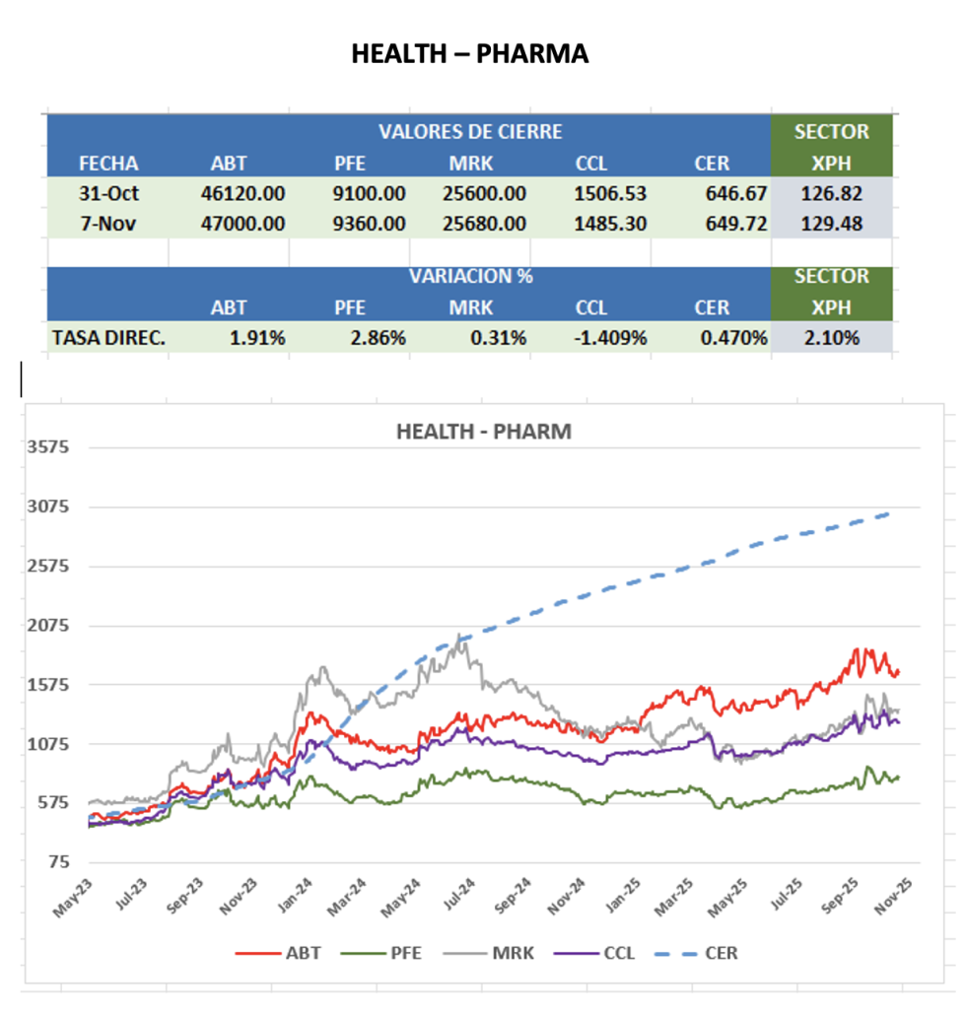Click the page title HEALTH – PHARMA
tap(470, 54)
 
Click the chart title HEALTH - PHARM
tap(483, 432)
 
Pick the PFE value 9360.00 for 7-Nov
tap(369, 224)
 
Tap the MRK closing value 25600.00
tap(488, 194)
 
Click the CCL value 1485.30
tap(610, 224)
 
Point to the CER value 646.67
tap(735, 194)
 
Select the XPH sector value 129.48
tap(832, 224)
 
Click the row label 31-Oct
tap(108, 194)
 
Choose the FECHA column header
tap(108, 164)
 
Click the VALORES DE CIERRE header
tap(470, 132)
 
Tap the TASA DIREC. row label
tap(108, 338)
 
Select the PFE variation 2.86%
tap(378, 338)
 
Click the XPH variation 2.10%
tap(832, 338)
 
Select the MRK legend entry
tap(505, 953)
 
